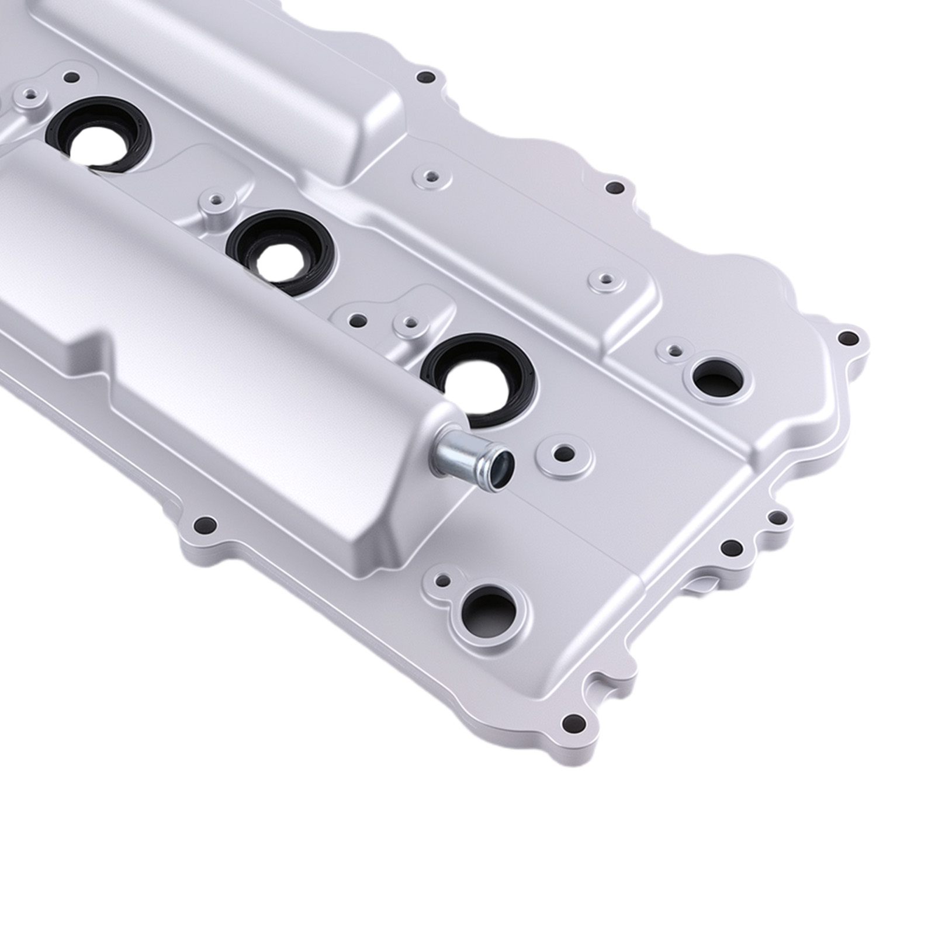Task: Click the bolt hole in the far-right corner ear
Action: coord(847,338)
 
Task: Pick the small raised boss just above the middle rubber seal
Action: coord(216,202)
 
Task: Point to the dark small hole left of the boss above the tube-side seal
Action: coord(356,320)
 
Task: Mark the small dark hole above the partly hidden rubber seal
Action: coord(71,77)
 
